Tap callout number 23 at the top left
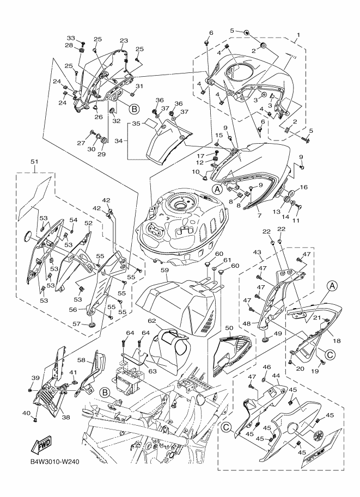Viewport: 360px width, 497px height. (124, 41)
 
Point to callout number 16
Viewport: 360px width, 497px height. (303, 187)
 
